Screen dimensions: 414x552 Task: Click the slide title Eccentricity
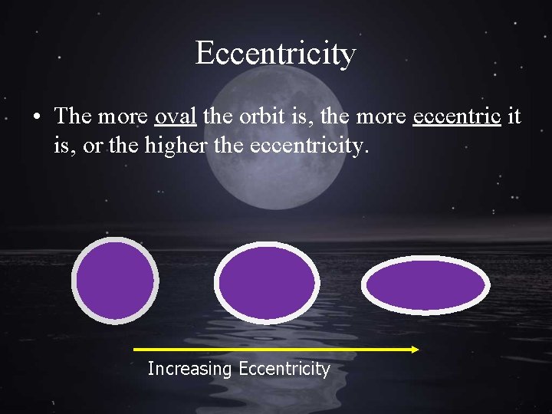coord(275,54)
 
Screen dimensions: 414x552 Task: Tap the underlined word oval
coord(176,116)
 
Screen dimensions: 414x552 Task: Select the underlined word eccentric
coord(457,116)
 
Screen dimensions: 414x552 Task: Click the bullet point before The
coord(36,117)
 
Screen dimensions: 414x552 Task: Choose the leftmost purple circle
coord(114,281)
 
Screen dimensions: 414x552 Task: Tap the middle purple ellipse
coord(266,282)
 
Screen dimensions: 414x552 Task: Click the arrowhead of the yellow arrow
coord(414,350)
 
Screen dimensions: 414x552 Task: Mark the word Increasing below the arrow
coord(189,369)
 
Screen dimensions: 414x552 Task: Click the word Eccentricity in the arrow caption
coord(284,369)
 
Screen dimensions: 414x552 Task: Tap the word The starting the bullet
coord(74,116)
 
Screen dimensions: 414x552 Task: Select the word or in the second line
coord(91,144)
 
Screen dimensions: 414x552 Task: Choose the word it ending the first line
coord(514,116)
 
